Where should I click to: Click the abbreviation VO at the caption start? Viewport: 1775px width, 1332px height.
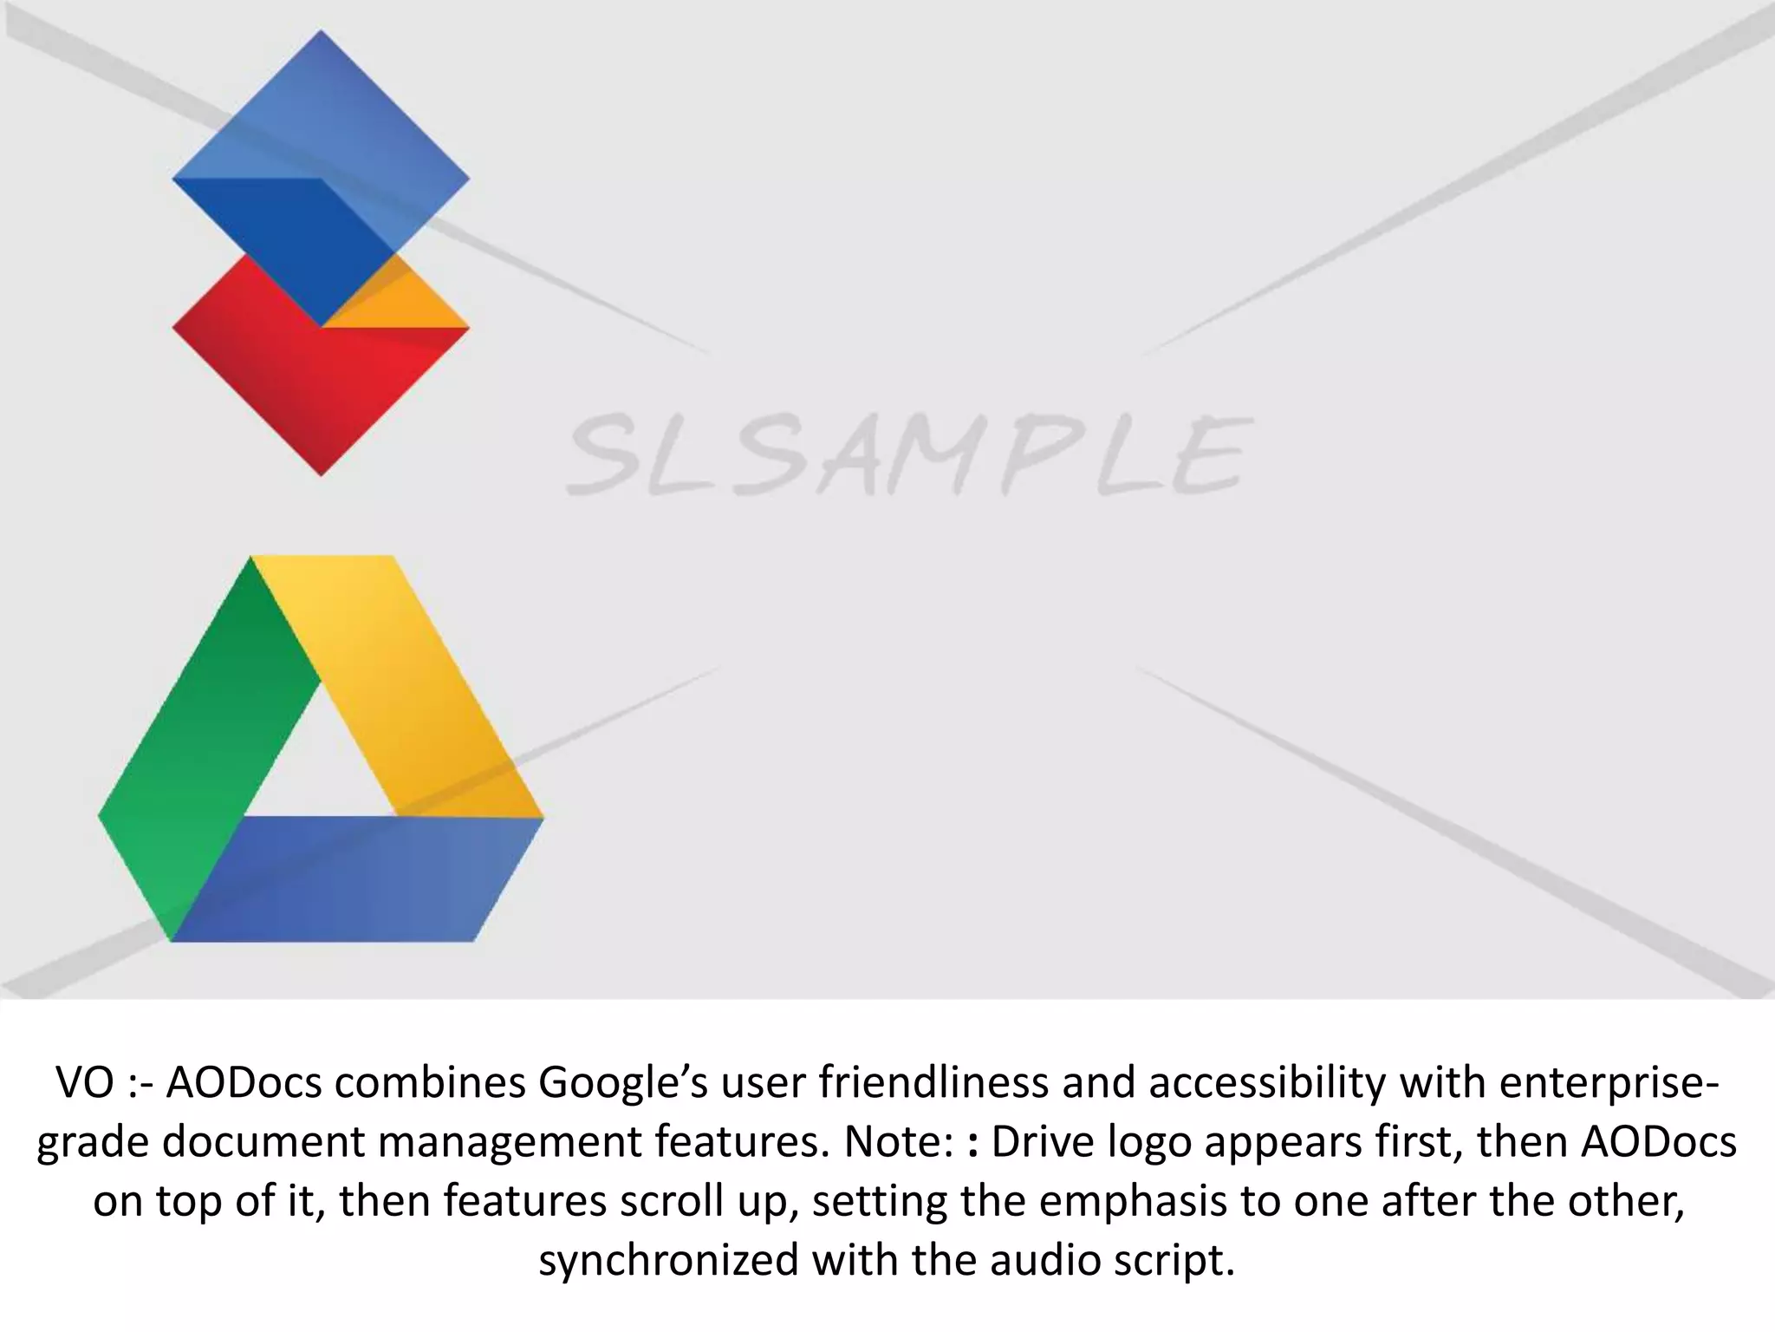[x=85, y=1082]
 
